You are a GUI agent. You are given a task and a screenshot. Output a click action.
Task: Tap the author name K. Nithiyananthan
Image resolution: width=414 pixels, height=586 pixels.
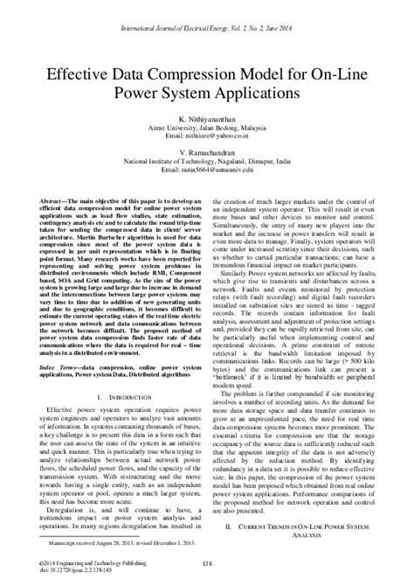coord(207,119)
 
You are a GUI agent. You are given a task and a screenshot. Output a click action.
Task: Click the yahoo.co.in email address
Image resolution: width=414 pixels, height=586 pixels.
coord(207,136)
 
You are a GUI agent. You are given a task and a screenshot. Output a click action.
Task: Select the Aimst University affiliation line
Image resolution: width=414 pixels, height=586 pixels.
coord(207,128)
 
